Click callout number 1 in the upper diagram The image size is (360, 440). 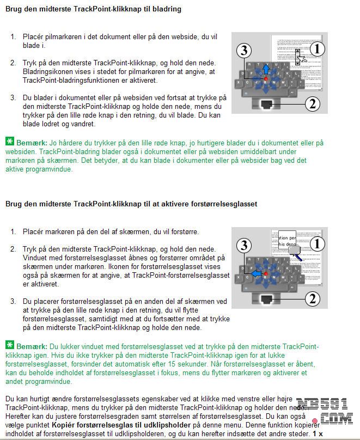tap(318, 49)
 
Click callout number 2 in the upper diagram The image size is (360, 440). tap(313, 104)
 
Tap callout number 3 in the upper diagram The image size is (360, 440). tap(244, 51)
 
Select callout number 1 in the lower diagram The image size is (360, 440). tap(318, 244)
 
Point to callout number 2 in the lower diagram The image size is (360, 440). tap(313, 299)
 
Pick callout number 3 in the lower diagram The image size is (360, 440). tap(244, 246)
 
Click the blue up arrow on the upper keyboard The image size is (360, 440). tap(266, 69)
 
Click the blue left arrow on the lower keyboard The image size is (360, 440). tap(257, 273)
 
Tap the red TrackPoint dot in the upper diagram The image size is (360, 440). tap(266, 79)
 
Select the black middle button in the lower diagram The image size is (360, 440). tap(266, 299)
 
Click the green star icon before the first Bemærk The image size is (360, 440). tap(10, 141)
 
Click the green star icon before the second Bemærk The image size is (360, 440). tap(10, 345)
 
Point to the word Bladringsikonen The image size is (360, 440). tap(45, 72)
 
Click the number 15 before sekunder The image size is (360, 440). tap(172, 364)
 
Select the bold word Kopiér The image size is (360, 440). tap(63, 425)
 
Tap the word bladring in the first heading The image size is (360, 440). tap(167, 9)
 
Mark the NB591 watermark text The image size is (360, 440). tap(322, 404)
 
